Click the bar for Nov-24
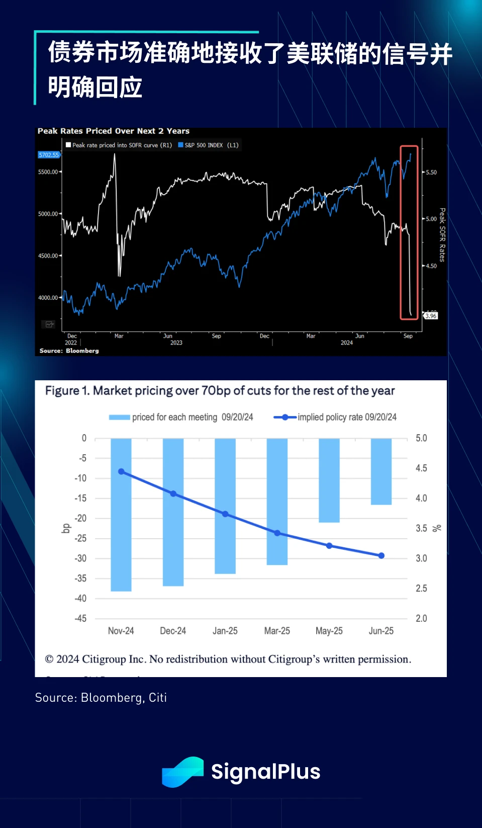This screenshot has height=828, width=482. coord(121,514)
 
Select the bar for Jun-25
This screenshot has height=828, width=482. coord(381,471)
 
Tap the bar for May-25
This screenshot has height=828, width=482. coord(329,480)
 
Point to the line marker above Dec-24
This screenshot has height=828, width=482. coord(173,493)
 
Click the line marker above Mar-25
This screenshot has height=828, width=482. coord(277,533)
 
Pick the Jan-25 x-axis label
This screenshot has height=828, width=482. coord(225,631)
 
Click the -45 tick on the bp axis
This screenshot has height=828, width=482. coord(81,618)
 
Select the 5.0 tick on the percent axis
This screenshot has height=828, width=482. coord(421,438)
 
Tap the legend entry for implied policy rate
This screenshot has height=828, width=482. coord(335,417)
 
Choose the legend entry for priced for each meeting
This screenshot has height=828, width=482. coord(181,417)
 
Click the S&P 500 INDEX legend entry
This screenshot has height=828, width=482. coord(208,145)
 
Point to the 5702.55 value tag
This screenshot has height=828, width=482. coord(49,155)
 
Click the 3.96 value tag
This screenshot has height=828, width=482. coord(431,316)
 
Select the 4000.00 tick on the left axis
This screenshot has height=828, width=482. coord(48,298)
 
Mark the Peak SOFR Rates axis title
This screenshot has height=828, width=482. coord(442,235)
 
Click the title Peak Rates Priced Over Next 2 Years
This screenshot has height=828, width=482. coord(114,131)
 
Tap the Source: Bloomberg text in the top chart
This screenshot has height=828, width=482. coord(69,351)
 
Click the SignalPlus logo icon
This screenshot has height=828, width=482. coord(182,772)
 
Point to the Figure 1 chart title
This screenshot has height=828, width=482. coord(220,391)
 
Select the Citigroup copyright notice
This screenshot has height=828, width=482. coord(228,659)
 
